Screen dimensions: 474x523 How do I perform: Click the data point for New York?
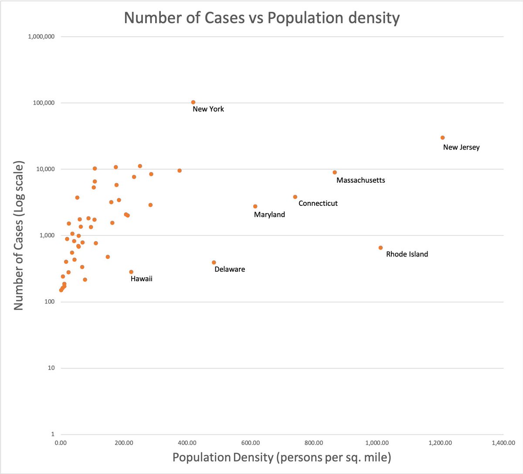tap(193, 102)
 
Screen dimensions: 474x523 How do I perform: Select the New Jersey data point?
tap(442, 138)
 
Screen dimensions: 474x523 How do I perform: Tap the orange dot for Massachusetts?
tap(335, 172)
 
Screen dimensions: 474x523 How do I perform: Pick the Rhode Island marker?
tap(380, 248)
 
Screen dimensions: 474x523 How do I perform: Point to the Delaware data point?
tap(214, 263)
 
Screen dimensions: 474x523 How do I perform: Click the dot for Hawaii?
tap(131, 272)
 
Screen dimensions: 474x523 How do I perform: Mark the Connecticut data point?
tap(295, 197)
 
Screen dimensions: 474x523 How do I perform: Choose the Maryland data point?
tap(255, 207)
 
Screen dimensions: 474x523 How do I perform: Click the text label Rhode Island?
tap(407, 254)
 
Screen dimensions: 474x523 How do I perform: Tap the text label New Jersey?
tap(461, 147)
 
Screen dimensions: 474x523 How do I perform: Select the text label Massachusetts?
tap(360, 181)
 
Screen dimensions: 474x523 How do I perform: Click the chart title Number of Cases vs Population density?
tap(261, 18)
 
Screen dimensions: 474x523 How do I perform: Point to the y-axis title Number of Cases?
tap(19, 235)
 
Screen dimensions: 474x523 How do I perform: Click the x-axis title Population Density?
tap(282, 457)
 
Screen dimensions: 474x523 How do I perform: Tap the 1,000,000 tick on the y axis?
tap(41, 37)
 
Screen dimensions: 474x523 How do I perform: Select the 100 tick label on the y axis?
tap(49, 302)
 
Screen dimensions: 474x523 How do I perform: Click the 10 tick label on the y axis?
tap(51, 368)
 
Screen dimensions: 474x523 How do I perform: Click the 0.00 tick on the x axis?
tap(61, 443)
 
